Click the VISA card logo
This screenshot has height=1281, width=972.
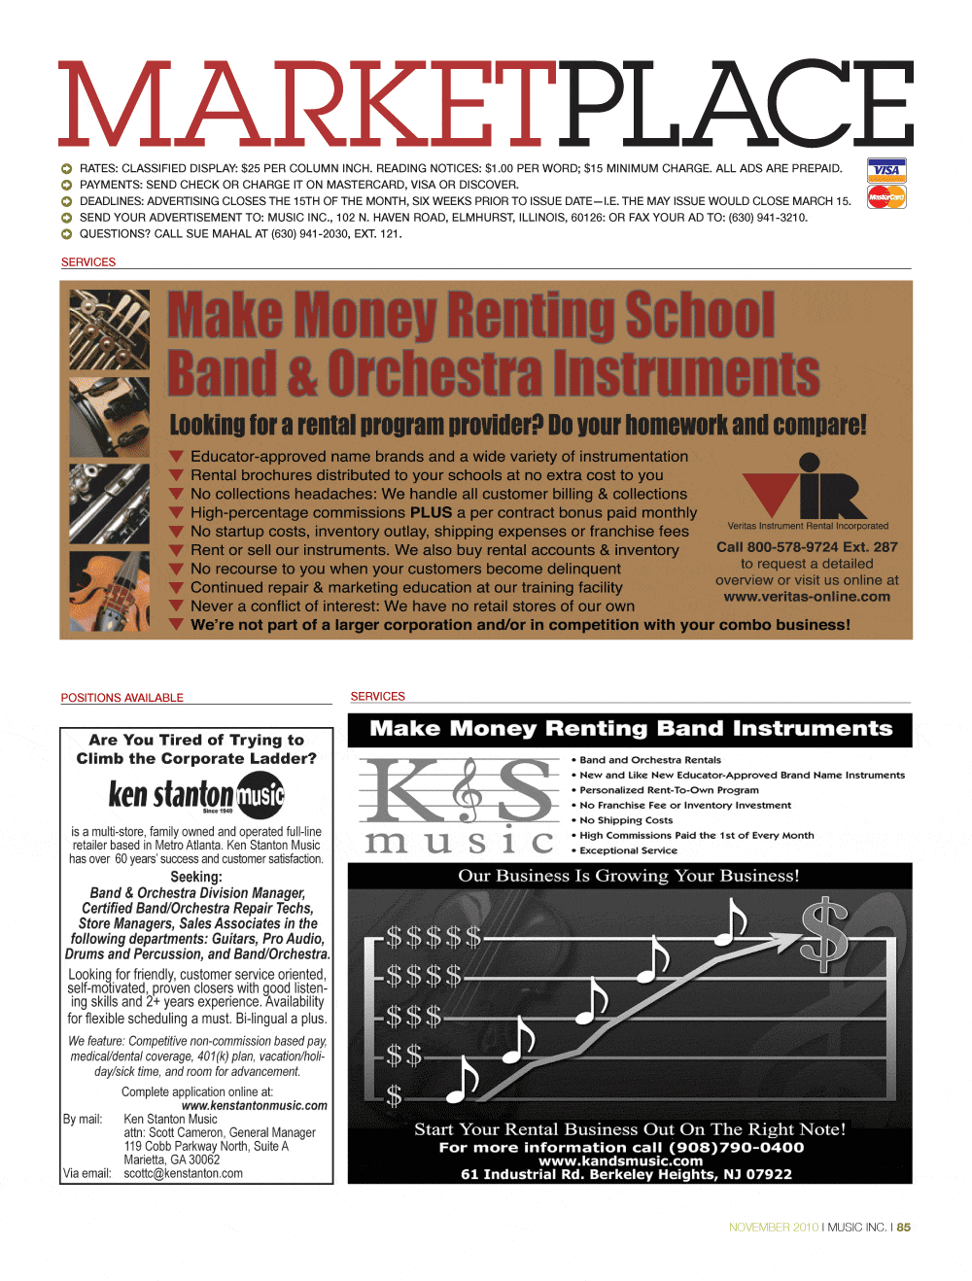885,170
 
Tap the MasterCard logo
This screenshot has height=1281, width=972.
885,197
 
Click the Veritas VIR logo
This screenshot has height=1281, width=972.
806,488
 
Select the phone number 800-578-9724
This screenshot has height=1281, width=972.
779,547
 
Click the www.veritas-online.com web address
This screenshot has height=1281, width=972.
807,597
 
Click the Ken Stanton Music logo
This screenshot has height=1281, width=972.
195,795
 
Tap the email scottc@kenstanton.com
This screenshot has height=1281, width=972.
183,1173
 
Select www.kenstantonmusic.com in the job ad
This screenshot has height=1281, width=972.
255,1105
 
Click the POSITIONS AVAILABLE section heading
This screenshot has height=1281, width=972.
122,698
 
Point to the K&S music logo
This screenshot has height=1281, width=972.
458,805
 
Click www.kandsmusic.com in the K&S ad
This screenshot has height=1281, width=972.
620,1160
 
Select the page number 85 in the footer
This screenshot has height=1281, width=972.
904,1228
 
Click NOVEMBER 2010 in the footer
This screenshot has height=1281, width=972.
774,1228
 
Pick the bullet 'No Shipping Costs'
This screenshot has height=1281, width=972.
626,820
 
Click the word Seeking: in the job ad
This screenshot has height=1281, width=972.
196,877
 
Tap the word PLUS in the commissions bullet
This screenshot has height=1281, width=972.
431,512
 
